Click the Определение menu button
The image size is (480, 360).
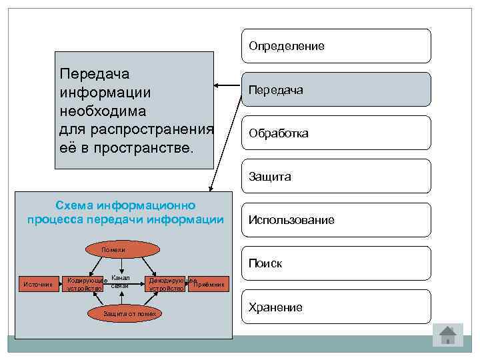335,46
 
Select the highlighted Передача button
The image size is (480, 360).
335,89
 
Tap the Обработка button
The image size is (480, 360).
335,133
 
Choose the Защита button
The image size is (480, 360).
335,177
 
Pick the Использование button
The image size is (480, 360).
335,220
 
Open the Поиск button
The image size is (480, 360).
335,263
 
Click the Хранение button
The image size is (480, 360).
335,307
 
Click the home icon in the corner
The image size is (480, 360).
447,334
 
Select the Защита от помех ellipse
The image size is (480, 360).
129,313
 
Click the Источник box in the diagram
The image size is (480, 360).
38,285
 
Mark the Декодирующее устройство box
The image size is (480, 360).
167,285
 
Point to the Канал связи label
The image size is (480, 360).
121,281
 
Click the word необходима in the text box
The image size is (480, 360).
103,109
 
